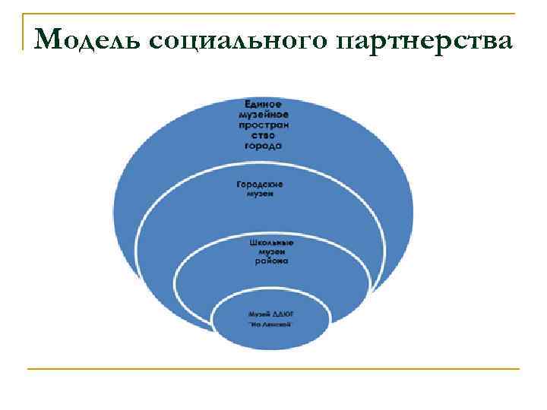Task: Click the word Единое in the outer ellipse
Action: (x=264, y=103)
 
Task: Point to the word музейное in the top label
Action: (x=264, y=113)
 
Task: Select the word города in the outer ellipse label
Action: (x=264, y=146)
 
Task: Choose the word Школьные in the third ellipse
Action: (x=271, y=243)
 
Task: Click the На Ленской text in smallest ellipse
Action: (x=272, y=324)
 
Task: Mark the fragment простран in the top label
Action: (x=264, y=124)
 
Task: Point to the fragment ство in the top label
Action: (x=264, y=135)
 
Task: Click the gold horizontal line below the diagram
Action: (x=273, y=369)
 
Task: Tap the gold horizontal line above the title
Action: (x=273, y=14)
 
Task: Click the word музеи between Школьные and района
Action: (x=271, y=251)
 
